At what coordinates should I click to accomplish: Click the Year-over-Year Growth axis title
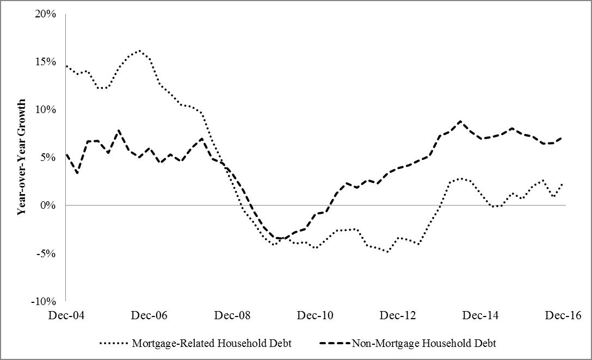click(22, 158)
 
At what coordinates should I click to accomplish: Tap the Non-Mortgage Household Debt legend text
click(424, 344)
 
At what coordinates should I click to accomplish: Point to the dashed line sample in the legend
click(335, 344)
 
